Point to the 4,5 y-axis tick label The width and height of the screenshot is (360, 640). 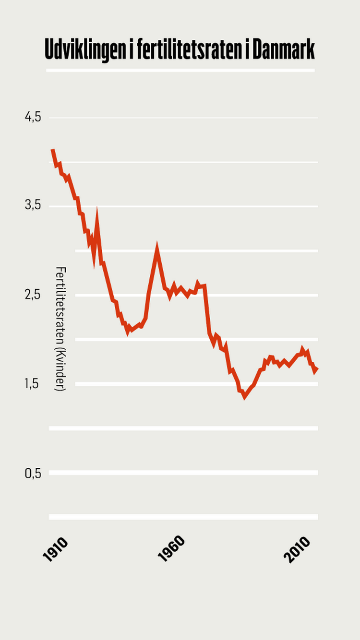(x=33, y=118)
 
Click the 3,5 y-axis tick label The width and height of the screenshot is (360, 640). (x=33, y=206)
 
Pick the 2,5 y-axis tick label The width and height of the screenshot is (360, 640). (x=33, y=295)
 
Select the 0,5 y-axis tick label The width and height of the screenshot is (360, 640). (x=33, y=473)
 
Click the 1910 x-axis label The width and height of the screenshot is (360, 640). (x=55, y=549)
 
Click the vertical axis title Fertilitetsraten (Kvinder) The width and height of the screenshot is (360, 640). (x=60, y=329)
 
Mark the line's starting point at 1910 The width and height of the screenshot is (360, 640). (x=52, y=150)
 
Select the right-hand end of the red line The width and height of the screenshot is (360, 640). (x=317, y=368)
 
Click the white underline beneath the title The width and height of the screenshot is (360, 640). (x=180, y=71)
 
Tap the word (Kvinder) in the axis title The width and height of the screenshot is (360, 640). (x=60, y=368)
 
